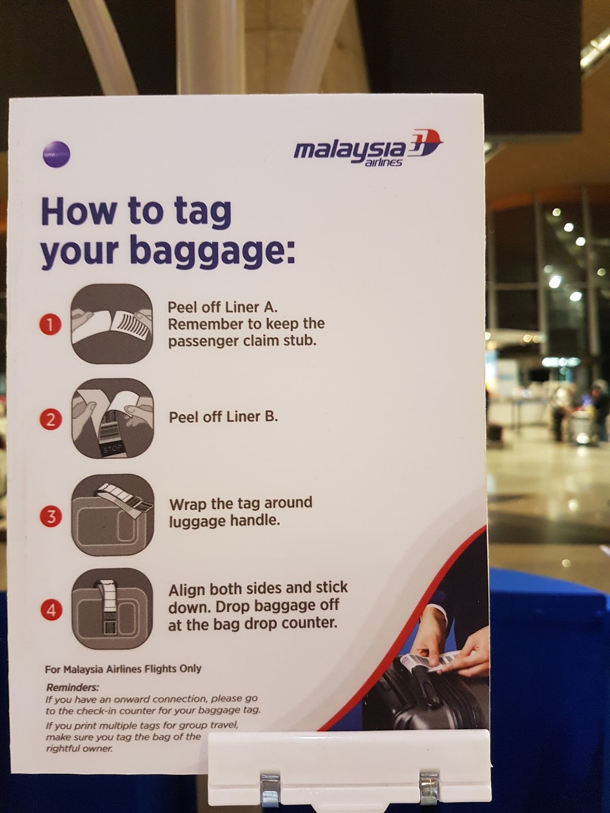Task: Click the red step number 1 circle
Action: point(50,324)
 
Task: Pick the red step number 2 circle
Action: point(51,420)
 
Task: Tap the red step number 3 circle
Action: point(51,517)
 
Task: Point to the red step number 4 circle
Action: point(51,610)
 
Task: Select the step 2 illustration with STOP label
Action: point(112,419)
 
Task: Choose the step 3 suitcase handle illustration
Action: point(112,514)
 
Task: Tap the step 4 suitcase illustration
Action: point(112,609)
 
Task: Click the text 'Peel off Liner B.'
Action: point(223,417)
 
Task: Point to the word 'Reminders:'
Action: point(72,687)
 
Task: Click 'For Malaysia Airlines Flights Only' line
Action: point(123,669)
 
